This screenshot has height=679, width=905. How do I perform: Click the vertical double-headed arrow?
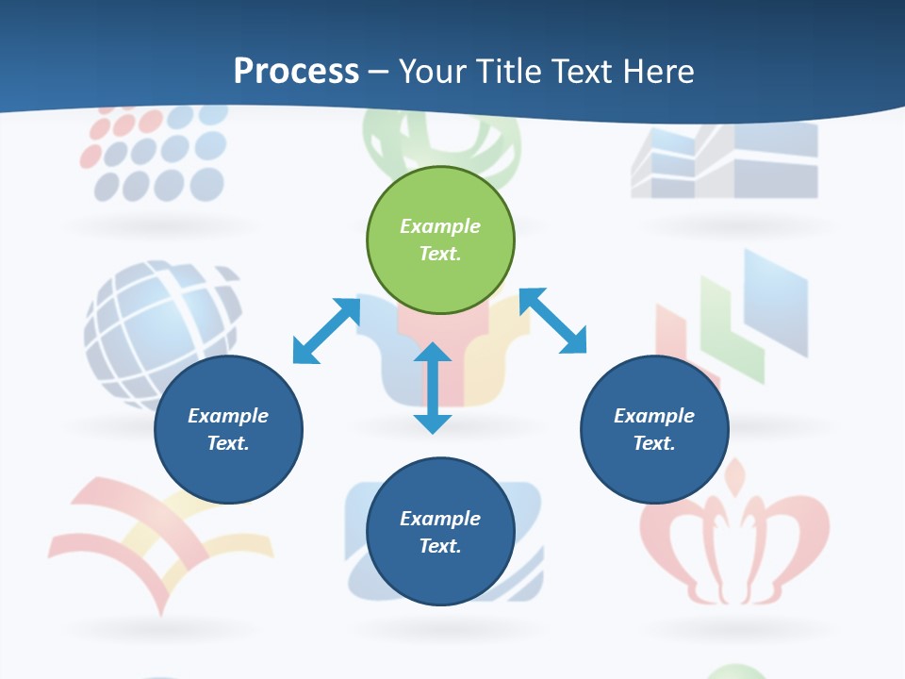[433, 388]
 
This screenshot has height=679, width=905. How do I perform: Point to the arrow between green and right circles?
[552, 321]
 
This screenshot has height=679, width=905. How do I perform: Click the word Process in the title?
[296, 71]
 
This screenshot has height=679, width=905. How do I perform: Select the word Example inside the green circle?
[440, 226]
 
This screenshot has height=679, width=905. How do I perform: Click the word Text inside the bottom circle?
[440, 546]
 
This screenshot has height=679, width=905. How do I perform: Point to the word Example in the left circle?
[228, 416]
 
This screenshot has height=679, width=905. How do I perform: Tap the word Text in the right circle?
[654, 443]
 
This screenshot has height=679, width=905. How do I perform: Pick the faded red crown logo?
[734, 538]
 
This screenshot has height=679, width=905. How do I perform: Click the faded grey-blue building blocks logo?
[724, 160]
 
